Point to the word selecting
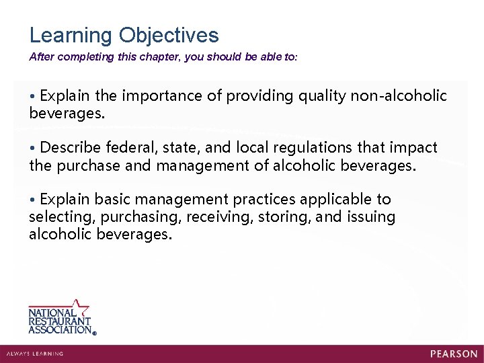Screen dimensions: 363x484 pyautogui.click(x=59, y=217)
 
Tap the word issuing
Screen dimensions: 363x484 pyautogui.click(x=370, y=217)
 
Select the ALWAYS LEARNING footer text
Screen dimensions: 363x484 pyautogui.click(x=35, y=354)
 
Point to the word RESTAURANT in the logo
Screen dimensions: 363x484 pyautogui.click(x=60, y=321)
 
